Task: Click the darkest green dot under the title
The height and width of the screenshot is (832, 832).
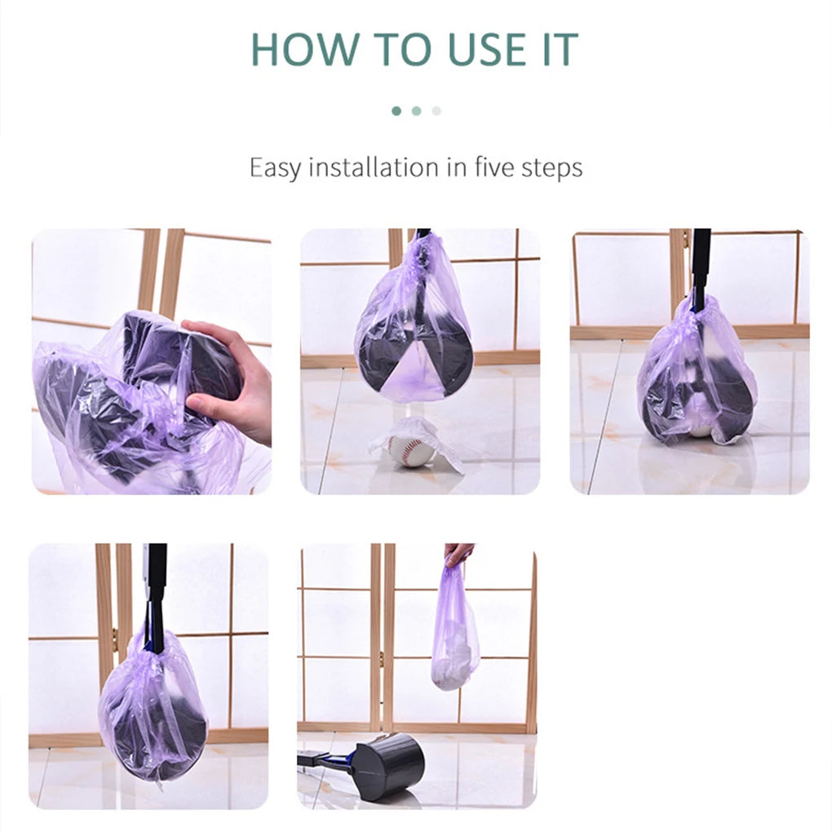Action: [x=396, y=111]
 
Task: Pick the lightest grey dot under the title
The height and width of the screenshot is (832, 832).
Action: [x=436, y=111]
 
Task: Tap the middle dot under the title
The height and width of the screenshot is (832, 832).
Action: [x=416, y=111]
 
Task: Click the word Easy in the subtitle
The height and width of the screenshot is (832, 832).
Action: [x=274, y=168]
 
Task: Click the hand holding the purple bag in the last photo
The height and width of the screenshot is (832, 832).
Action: [x=458, y=554]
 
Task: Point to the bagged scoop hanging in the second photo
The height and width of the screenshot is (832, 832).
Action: [x=414, y=343]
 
